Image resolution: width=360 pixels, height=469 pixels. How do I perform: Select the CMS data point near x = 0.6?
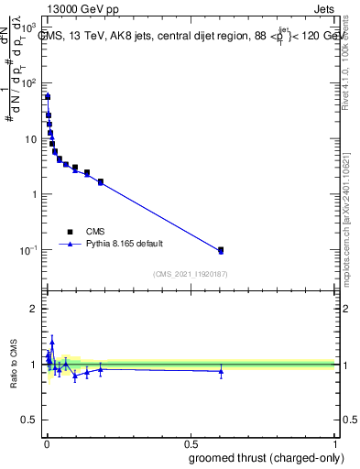221,249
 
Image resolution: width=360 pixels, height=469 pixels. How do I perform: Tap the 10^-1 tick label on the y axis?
27,250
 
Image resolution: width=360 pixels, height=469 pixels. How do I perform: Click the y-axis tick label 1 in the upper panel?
35,194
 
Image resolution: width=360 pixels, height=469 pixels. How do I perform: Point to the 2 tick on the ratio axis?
35,309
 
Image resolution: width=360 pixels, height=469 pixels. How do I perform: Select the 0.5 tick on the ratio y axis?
30,421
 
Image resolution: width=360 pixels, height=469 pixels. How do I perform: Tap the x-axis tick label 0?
46,442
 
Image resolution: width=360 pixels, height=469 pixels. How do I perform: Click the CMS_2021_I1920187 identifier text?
190,273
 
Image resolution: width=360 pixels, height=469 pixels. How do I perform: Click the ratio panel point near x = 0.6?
221,371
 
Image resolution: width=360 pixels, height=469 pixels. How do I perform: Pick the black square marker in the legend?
69,232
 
